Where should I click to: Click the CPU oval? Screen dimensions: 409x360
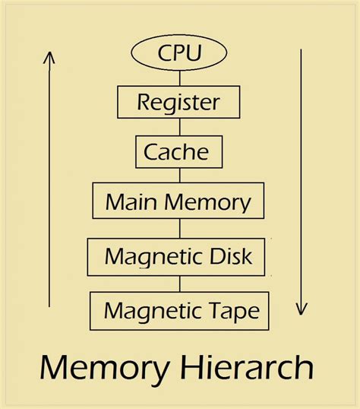(x=180, y=52)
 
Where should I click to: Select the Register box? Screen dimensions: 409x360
(x=179, y=101)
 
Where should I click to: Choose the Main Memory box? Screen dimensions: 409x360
(x=178, y=201)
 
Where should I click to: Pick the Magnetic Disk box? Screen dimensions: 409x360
(x=179, y=257)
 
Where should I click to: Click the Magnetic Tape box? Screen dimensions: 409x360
(x=179, y=310)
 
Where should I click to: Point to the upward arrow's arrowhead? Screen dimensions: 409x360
(x=49, y=57)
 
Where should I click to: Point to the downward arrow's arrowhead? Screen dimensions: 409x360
(x=302, y=309)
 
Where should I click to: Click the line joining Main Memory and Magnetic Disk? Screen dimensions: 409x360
(x=180, y=228)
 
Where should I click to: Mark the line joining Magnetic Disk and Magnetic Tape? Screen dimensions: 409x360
(x=180, y=284)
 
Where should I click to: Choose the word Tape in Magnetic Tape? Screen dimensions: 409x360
(x=232, y=310)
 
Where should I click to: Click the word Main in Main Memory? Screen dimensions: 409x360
(x=125, y=201)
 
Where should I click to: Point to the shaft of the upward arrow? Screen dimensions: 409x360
(x=49, y=182)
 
